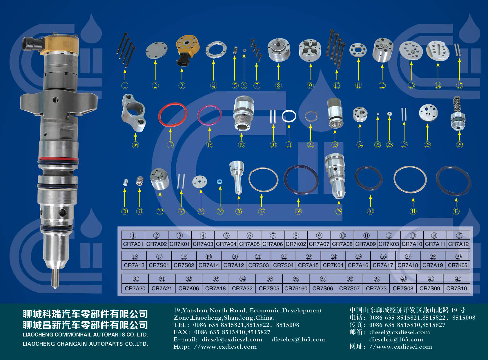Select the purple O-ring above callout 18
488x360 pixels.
coord(198,115)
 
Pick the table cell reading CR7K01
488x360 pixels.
coord(179,244)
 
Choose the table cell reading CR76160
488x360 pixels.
coord(296,289)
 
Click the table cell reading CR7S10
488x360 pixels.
coord(457,289)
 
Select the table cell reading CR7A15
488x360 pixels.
coord(308,265)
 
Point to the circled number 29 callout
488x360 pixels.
coord(460,145)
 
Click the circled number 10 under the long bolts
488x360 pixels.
coord(337,86)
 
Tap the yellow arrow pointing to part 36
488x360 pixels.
coord(239,201)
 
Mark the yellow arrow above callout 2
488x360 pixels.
coord(155,70)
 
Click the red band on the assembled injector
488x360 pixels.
coord(58,159)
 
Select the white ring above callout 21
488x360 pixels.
coord(282,116)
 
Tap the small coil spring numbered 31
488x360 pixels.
coord(140,181)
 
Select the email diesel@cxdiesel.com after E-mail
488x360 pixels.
coord(232,339)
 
